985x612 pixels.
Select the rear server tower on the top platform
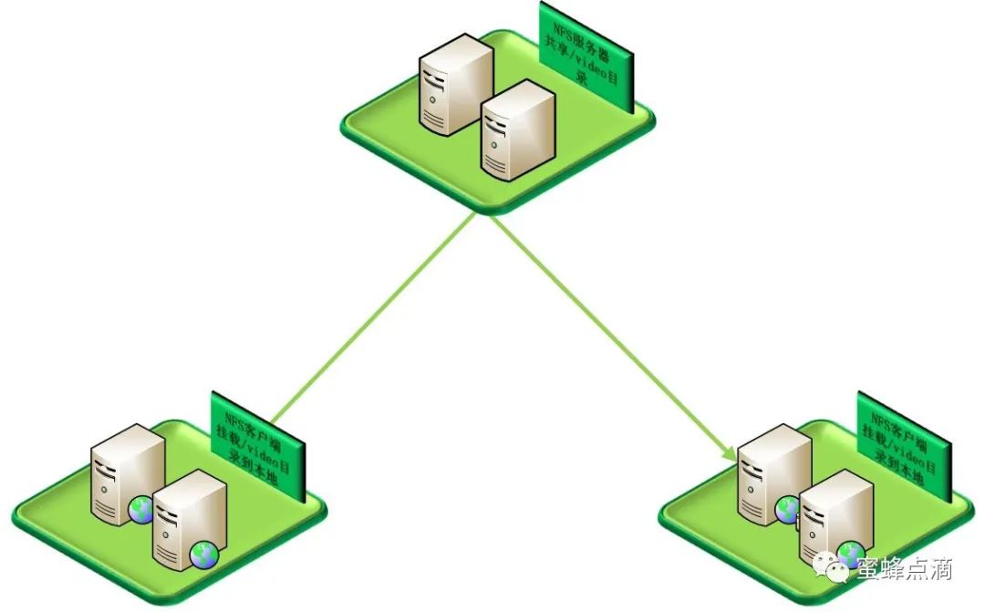click(454, 84)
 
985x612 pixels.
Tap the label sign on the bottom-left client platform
click(257, 446)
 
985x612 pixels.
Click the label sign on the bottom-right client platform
click(904, 445)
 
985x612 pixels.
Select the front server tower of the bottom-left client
click(188, 521)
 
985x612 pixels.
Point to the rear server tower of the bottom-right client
click(773, 472)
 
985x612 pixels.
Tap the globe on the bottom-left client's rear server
click(141, 509)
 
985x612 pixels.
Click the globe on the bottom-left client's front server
click(203, 553)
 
